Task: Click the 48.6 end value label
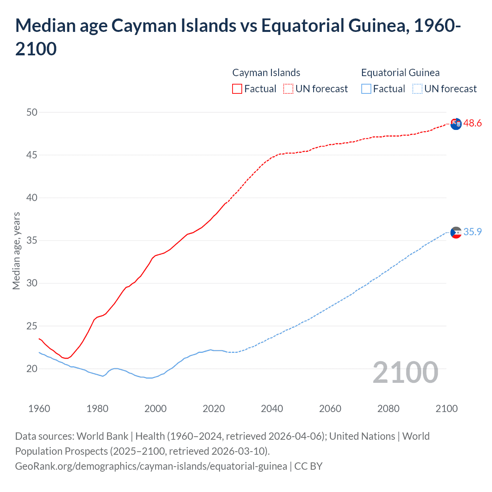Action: point(472,123)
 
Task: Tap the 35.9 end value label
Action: point(472,232)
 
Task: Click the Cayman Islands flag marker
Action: point(456,124)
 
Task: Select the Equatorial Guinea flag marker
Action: point(456,233)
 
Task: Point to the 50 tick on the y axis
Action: point(32,112)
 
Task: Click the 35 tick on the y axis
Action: point(32,241)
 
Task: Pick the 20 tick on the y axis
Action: point(32,369)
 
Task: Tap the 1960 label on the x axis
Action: point(39,409)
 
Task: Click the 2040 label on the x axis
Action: point(272,409)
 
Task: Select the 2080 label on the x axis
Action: point(388,409)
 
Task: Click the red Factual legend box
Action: point(237,89)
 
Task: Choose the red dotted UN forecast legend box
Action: point(288,89)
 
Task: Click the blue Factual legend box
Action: point(366,89)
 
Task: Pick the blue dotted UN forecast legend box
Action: point(417,89)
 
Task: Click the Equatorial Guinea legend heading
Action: point(400,73)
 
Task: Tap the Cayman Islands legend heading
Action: point(266,73)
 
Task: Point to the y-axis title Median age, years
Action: point(16,251)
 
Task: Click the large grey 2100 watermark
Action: point(405,372)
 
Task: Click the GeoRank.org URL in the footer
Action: point(151,466)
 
